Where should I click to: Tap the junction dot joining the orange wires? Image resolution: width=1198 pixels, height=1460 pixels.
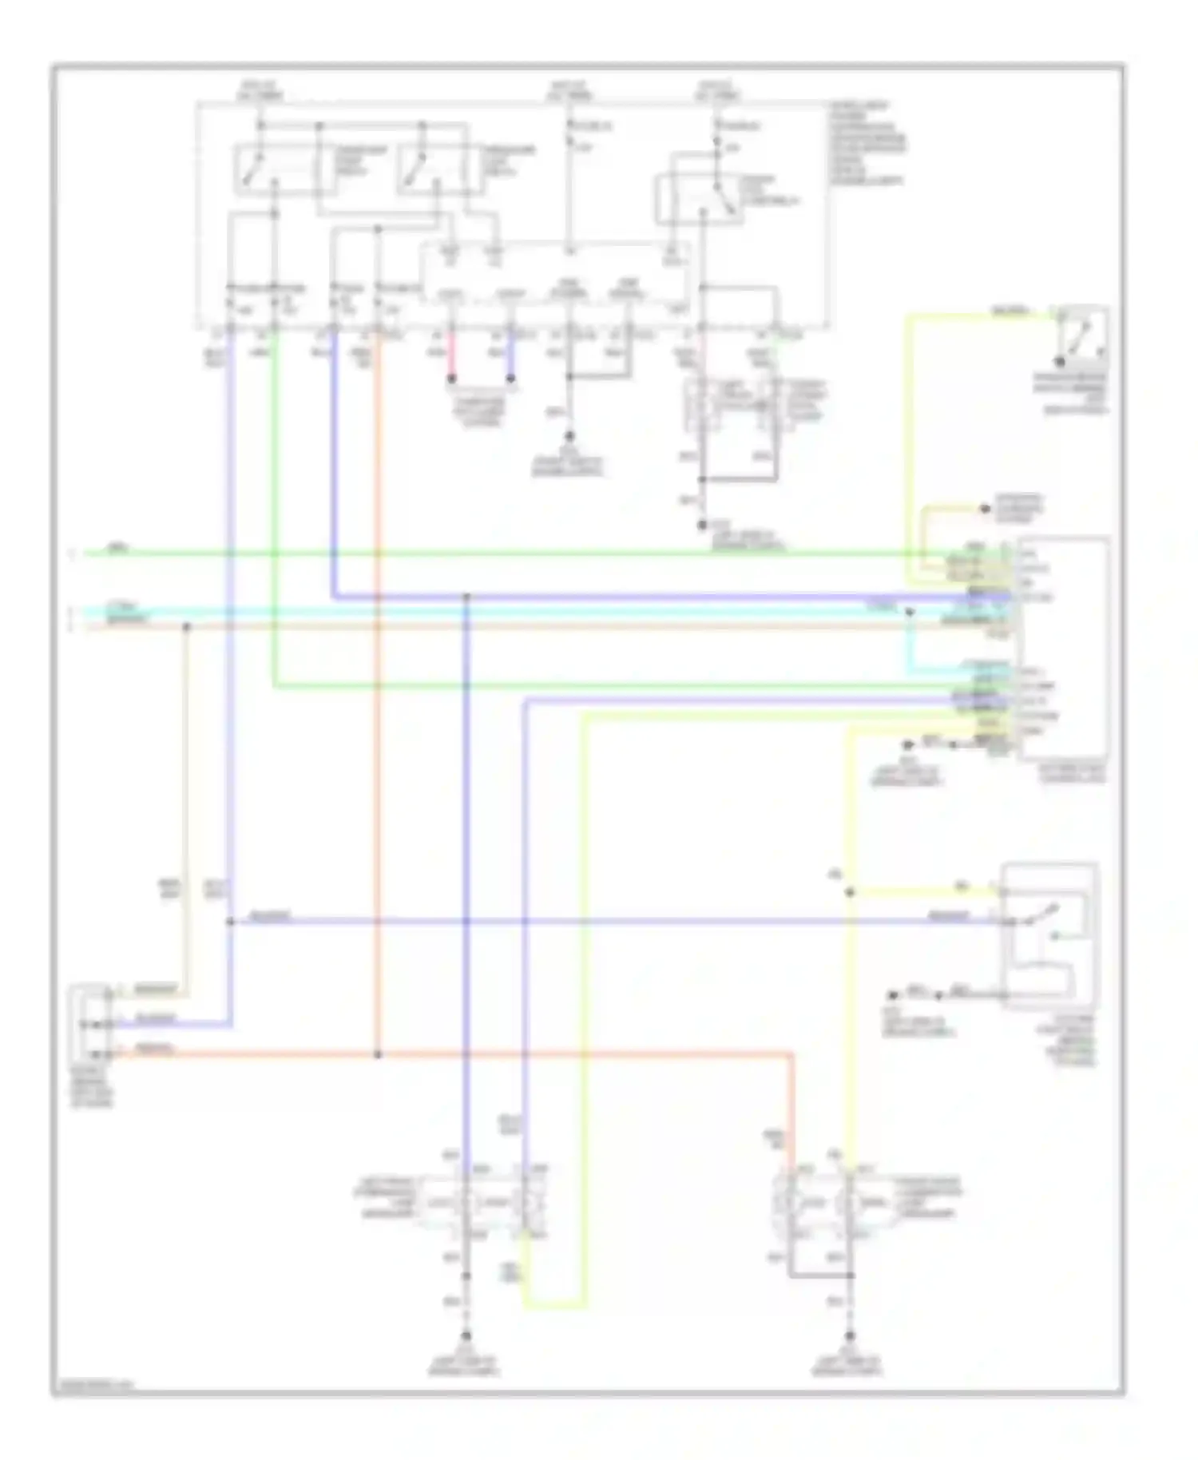pyautogui.click(x=378, y=1055)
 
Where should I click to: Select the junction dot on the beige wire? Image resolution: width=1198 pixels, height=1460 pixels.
pyautogui.click(x=186, y=627)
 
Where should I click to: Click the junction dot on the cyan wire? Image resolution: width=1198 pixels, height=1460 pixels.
pyautogui.click(x=909, y=612)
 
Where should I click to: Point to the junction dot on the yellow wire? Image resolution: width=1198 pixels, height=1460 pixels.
pyautogui.click(x=850, y=892)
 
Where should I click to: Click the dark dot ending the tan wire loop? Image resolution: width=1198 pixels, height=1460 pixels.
pyautogui.click(x=985, y=509)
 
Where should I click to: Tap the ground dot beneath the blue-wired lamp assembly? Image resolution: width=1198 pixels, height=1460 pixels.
pyautogui.click(x=466, y=1336)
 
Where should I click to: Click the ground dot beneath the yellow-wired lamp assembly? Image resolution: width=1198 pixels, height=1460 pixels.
pyautogui.click(x=850, y=1336)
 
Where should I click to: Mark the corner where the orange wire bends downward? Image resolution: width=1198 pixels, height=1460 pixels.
pyautogui.click(x=791, y=1057)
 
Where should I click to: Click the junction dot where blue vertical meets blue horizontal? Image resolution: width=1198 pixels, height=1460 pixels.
pyautogui.click(x=466, y=597)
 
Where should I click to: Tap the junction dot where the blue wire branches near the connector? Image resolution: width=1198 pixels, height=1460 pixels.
pyautogui.click(x=230, y=922)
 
